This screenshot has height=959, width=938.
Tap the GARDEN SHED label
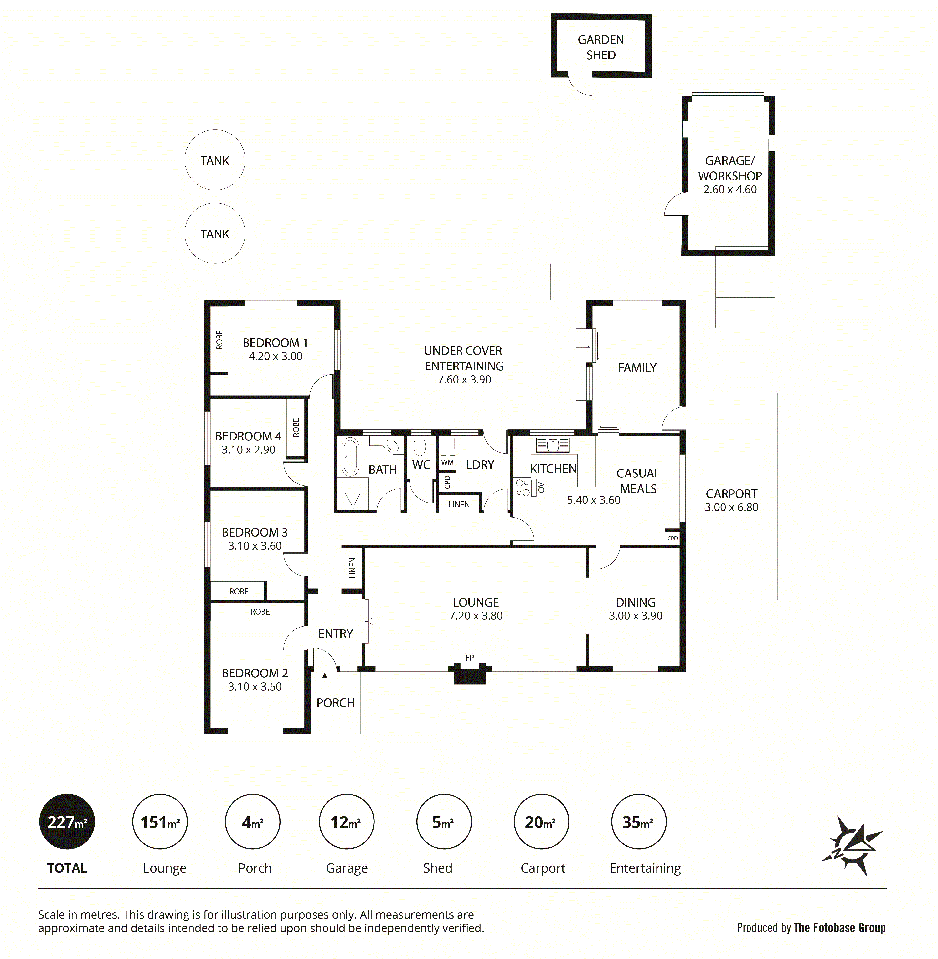(601, 47)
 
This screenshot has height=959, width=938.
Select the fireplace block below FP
(470, 674)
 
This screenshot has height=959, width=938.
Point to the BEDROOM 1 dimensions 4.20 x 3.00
(275, 356)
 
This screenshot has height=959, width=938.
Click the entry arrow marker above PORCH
(325, 676)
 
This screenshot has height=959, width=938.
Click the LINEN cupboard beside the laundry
(459, 504)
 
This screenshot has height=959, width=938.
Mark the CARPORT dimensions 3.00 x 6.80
(732, 507)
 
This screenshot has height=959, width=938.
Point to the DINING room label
(636, 602)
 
